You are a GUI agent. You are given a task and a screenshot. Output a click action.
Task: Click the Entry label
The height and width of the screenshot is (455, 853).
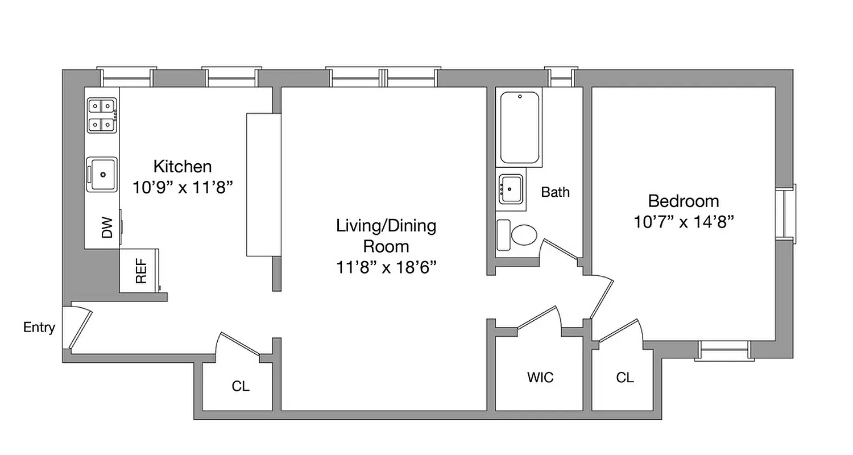[x=39, y=328]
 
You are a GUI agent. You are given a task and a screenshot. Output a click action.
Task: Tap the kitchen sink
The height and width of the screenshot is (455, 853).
[x=102, y=175]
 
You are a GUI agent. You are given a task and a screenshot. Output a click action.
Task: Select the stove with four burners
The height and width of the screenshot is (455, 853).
[x=102, y=115]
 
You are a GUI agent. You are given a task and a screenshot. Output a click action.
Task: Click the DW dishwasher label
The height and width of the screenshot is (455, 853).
[x=107, y=228]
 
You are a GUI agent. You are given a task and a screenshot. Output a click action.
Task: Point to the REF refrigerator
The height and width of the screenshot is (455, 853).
[x=140, y=271]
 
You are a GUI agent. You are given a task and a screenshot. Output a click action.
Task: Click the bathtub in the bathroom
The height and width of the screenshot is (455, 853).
[x=520, y=128]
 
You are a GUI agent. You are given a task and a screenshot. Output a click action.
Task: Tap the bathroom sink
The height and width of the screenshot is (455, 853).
[x=511, y=188]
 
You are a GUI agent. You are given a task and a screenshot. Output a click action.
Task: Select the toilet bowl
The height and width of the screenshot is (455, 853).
[x=523, y=235]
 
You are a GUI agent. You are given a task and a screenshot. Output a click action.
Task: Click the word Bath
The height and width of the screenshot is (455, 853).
[x=555, y=192]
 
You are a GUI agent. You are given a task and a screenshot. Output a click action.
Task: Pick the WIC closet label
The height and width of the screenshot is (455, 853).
[x=540, y=378]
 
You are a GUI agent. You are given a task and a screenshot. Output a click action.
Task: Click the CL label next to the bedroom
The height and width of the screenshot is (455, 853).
[x=624, y=378]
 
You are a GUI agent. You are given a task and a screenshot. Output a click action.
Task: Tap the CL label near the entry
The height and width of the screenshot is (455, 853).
[x=241, y=386]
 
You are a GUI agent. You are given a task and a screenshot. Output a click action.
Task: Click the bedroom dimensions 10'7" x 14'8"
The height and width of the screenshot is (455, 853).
[x=684, y=221]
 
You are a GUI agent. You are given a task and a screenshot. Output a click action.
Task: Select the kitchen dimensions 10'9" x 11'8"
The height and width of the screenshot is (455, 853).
[x=183, y=187]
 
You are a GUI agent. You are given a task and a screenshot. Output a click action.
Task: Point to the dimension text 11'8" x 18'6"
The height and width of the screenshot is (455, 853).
[x=386, y=267]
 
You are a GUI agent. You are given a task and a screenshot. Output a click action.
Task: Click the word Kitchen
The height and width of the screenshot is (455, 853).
[x=183, y=167]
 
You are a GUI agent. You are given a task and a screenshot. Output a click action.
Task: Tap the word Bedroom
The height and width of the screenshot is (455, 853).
[x=684, y=201]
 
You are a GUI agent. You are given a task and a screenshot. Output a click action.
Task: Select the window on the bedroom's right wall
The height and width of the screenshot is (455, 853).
[x=787, y=212]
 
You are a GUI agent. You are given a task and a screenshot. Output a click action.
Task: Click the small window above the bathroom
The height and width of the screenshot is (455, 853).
[x=560, y=77]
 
